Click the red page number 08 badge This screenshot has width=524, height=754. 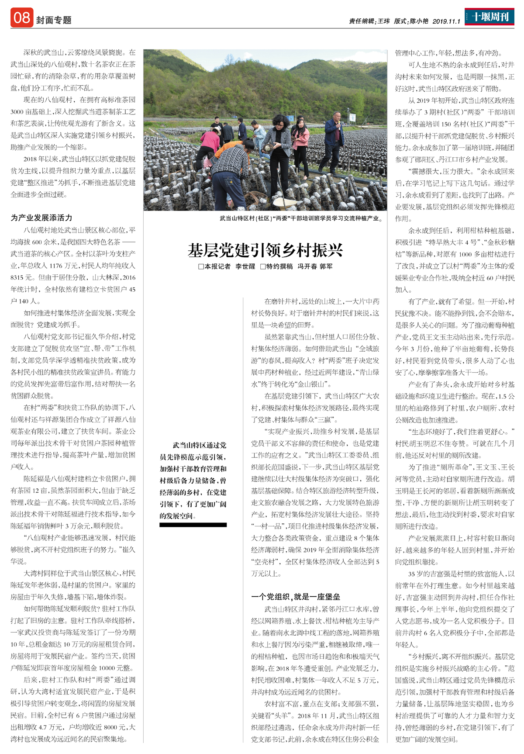(x=22, y=18)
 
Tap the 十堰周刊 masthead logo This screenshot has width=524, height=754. (x=490, y=17)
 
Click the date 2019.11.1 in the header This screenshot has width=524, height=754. (x=446, y=21)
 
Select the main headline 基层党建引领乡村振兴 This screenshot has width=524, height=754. (x=265, y=250)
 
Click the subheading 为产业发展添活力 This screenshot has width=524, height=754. (x=41, y=218)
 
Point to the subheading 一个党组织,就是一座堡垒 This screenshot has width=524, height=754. (x=296, y=597)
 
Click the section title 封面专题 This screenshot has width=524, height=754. (x=54, y=21)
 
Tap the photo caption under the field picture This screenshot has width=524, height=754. (x=301, y=218)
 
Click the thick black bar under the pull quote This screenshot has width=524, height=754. (x=193, y=525)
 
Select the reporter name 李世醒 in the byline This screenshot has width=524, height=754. (x=245, y=266)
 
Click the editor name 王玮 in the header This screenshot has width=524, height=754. (x=383, y=21)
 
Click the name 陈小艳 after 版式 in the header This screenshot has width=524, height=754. (x=419, y=21)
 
